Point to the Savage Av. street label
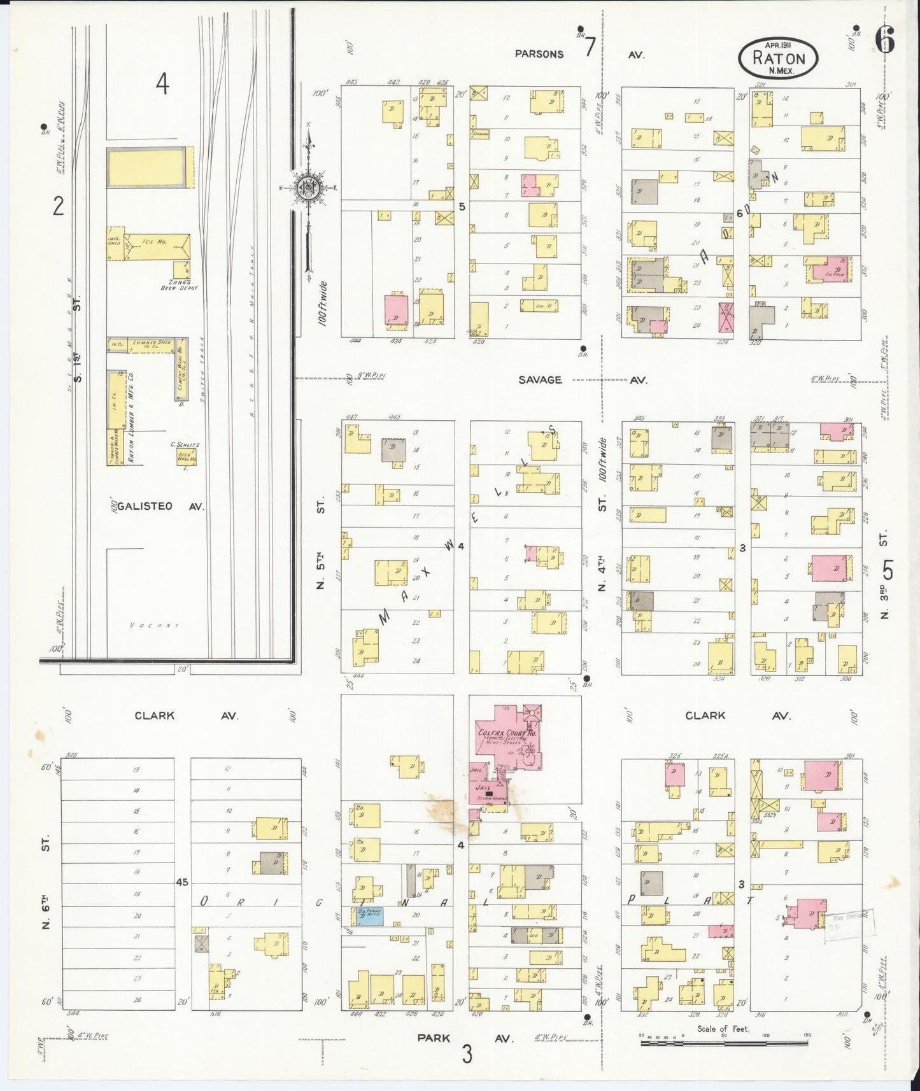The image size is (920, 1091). tap(540, 380)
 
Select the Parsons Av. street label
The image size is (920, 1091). tap(540, 54)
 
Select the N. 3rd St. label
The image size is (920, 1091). tap(885, 575)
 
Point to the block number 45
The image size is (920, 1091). tap(183, 882)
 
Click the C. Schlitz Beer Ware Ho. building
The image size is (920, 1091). tap(187, 456)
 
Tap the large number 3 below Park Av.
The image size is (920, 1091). tap(467, 1055)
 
